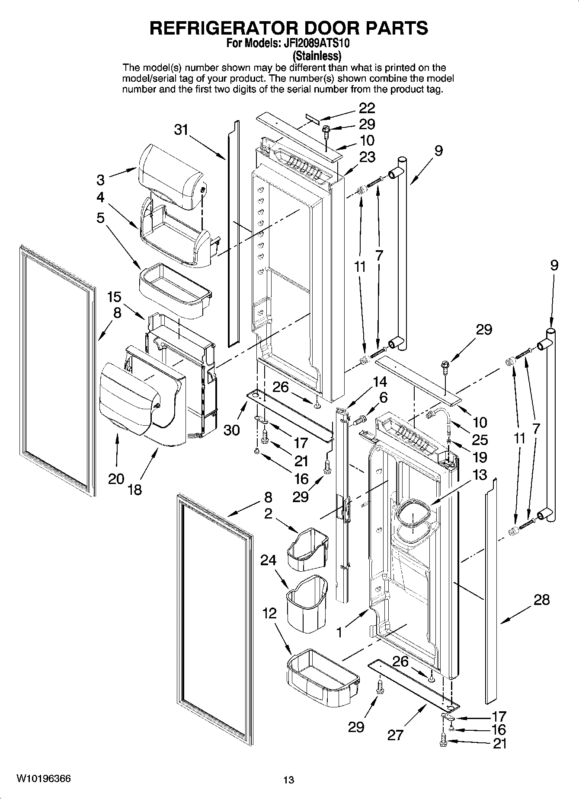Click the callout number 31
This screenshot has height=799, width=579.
(x=182, y=130)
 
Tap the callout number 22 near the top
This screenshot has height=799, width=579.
(x=367, y=108)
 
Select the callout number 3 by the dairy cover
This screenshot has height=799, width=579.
(x=100, y=180)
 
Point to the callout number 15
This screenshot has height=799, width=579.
(x=114, y=297)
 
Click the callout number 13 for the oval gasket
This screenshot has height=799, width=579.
(x=480, y=475)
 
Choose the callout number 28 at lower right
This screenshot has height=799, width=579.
(x=541, y=600)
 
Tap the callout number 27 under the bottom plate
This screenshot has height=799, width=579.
(x=395, y=735)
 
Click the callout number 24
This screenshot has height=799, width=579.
(x=268, y=560)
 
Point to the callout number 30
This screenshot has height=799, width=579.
(x=232, y=430)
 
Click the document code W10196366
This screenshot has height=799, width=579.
(x=43, y=779)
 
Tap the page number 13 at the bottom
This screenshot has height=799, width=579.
(x=288, y=780)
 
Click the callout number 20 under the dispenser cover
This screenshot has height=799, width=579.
(x=116, y=479)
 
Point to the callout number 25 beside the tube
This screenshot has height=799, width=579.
(x=480, y=440)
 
